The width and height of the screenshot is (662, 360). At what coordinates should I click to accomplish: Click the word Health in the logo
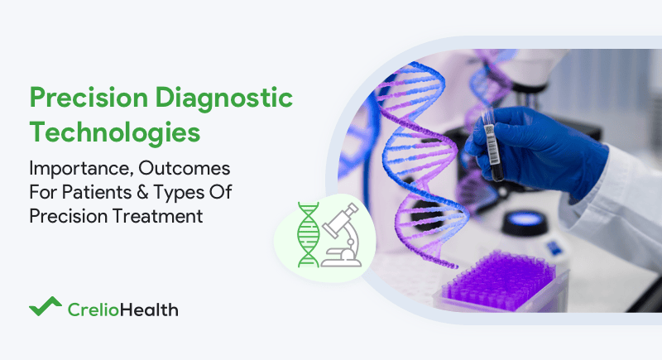coord(152,310)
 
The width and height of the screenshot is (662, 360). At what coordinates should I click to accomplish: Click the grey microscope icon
coord(340,236)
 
